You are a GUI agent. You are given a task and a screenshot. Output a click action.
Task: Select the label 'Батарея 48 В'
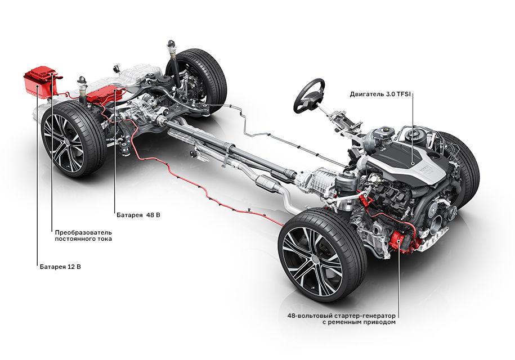click(x=138, y=215)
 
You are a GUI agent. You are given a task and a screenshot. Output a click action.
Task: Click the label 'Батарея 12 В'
click(x=60, y=265)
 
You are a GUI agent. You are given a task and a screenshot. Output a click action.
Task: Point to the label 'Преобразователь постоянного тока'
click(x=83, y=235)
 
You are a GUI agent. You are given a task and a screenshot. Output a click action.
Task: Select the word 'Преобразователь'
click(x=83, y=231)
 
